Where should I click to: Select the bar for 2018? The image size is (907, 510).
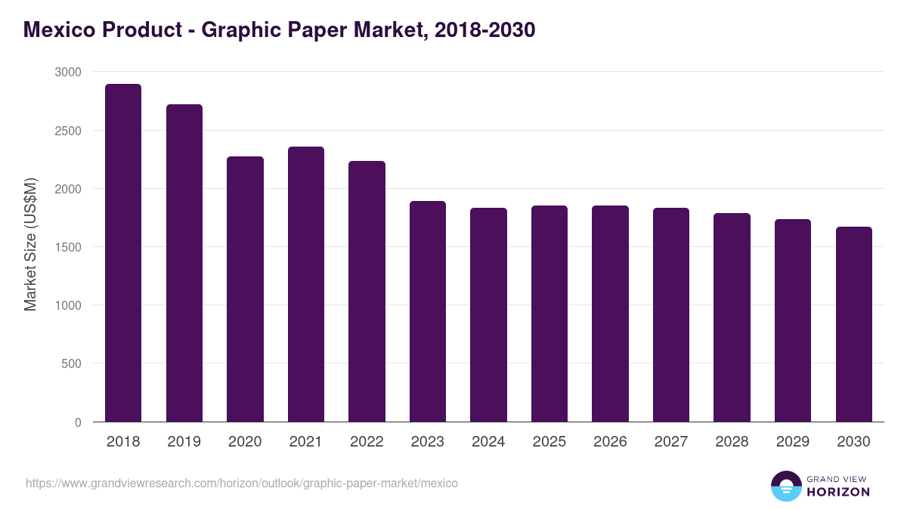coord(123,253)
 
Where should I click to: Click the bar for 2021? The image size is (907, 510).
coord(306,284)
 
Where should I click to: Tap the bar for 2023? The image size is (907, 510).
coord(428,311)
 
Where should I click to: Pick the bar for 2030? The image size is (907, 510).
coord(854,324)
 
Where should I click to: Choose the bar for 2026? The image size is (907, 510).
coord(610,314)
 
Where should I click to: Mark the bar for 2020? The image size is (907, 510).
coord(245,289)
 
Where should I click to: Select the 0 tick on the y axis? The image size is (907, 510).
coord(78,422)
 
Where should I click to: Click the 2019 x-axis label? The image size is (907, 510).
coord(184,441)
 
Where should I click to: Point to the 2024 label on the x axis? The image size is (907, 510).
coord(488,441)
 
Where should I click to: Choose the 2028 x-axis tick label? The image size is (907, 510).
coord(732,441)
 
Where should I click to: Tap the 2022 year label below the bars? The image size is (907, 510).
coord(367,441)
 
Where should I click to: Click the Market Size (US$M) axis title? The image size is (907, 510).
coord(31,246)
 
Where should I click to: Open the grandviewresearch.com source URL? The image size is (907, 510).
coord(242,483)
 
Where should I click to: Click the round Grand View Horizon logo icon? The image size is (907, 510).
coord(785,486)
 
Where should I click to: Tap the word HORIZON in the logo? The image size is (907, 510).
coord(839,492)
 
